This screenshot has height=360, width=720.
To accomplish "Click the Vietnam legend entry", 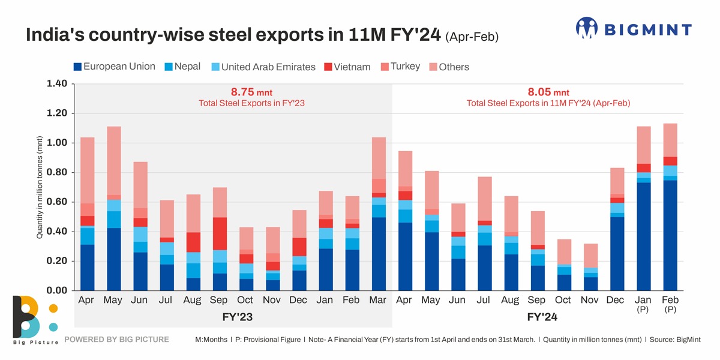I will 347,67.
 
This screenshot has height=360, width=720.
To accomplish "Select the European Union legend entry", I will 114,67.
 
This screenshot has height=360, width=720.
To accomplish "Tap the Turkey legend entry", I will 400,67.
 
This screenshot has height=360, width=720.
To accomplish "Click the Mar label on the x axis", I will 377,300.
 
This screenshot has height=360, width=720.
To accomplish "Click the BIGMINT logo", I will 634,29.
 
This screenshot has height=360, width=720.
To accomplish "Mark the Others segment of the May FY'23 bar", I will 113,160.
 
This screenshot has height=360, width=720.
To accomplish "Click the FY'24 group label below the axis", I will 543,316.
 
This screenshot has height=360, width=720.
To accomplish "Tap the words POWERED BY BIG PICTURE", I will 116,340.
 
